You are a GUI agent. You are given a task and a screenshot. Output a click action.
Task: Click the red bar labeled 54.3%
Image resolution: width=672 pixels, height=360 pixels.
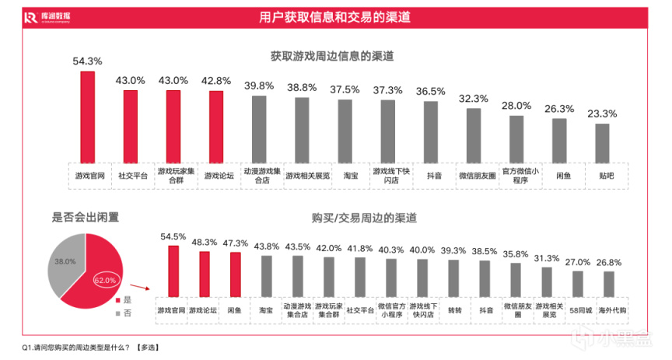pos(88,116)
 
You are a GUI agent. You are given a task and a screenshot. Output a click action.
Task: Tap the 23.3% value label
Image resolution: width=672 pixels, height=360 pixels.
pos(602,114)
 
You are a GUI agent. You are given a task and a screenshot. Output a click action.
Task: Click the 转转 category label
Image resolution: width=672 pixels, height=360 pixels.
pos(454,309)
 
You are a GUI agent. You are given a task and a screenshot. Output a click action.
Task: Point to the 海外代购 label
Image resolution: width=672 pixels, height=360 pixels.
pos(609,309)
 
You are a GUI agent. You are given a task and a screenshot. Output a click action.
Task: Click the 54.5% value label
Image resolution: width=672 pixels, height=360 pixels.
pos(173,236)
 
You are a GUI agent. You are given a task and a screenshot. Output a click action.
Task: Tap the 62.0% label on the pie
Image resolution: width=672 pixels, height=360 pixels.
pos(105,279)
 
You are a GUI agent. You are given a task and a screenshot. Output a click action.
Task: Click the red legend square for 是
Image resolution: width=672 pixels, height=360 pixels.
pos(117,299)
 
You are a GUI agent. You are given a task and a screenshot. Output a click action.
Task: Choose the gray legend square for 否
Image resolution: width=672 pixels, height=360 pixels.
pos(117,312)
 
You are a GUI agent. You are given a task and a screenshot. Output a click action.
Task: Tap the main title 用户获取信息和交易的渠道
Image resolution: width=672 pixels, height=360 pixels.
pos(335,16)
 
